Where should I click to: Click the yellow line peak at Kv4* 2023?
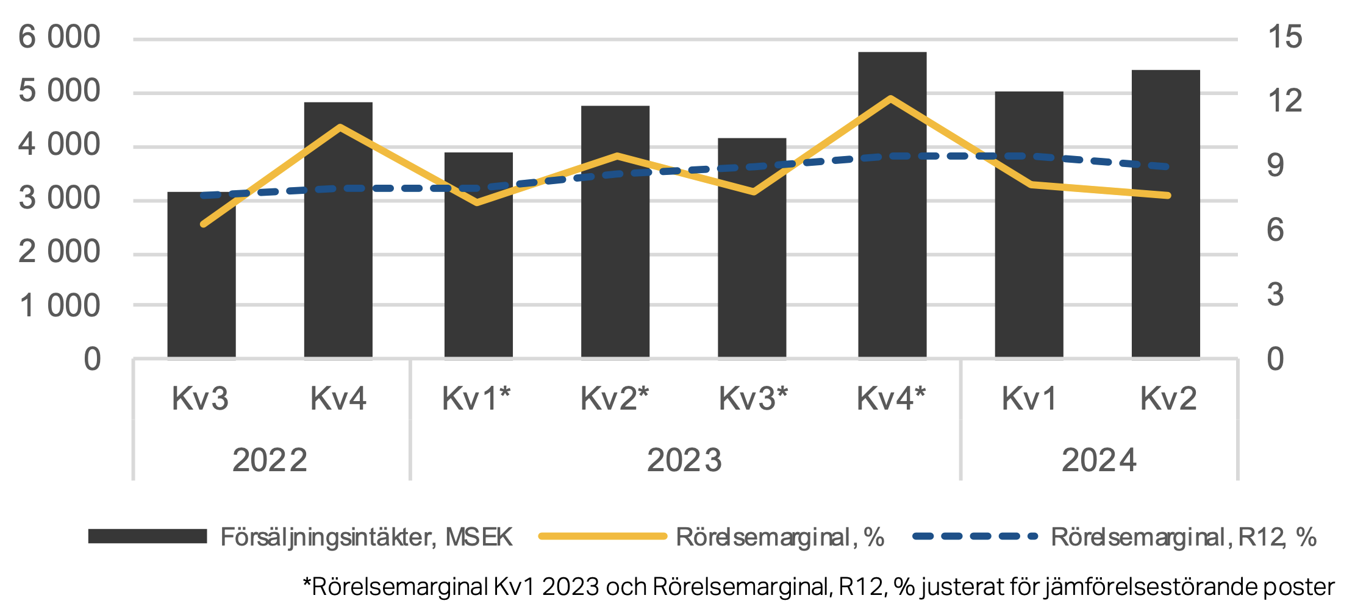(891, 98)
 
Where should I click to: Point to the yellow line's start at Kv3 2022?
(204, 224)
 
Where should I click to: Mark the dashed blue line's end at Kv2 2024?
(1166, 166)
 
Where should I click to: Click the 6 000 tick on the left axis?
(59, 38)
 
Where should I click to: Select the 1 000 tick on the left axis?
(59, 306)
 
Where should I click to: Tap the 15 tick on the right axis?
(1284, 38)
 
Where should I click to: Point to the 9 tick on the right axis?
(1275, 166)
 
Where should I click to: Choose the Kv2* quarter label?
(614, 399)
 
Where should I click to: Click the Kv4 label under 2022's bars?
(338, 399)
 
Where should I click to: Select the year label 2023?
(684, 460)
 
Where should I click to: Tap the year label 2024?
(1099, 460)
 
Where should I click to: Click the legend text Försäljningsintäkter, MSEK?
(366, 537)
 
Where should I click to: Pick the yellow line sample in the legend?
(602, 536)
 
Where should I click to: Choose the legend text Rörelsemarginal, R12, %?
(1183, 537)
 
